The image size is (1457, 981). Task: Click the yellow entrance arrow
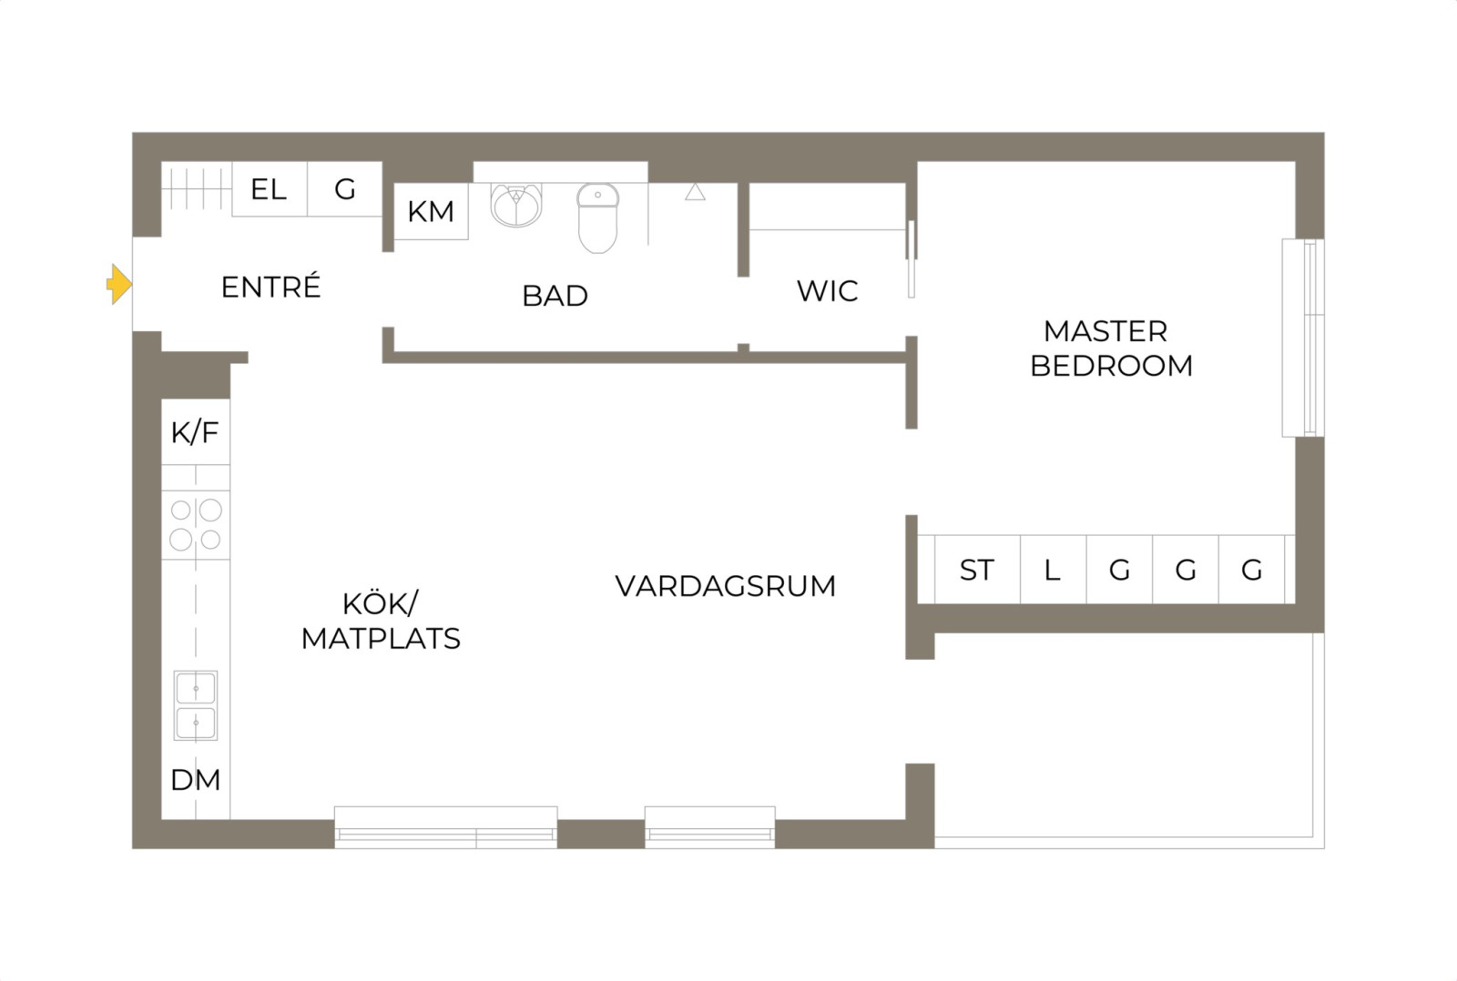pos(119,284)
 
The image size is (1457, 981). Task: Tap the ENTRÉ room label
pos(270,287)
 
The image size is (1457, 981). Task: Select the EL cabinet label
pos(269,189)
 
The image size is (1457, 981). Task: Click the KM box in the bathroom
pos(431,211)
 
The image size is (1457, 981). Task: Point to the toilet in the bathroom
pos(597,217)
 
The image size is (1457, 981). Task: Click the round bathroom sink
pos(516,205)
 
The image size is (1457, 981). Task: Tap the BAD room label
pos(555,296)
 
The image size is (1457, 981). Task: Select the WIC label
pos(828,290)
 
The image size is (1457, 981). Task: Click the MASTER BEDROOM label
pos(1111,349)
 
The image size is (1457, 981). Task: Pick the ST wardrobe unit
pos(978,570)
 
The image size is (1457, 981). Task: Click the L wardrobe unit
pos(1053,570)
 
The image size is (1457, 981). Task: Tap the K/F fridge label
pos(195,432)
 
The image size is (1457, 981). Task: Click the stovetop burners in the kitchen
pos(196,525)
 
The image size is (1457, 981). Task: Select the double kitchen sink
pos(196,705)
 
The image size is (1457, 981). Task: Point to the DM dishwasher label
pos(195,780)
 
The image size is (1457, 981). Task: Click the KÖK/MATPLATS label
pos(381,622)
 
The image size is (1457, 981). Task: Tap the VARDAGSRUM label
pos(725,586)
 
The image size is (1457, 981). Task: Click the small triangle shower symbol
pos(696,192)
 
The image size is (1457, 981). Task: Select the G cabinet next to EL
pos(345,189)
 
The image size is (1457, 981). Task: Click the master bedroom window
pos(1303,338)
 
